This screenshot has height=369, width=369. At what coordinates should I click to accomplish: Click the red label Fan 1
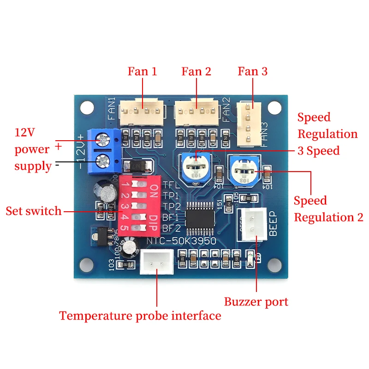142,71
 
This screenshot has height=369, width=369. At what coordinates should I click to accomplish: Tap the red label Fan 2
196,71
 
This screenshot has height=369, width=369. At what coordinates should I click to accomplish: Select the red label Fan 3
252,71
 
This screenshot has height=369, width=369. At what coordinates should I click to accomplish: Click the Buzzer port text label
256,302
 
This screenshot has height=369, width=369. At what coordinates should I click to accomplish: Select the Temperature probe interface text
140,316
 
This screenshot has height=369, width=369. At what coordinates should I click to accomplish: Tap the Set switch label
33,211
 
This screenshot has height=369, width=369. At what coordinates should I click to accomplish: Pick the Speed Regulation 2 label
328,209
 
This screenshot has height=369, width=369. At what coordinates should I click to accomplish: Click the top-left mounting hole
86,107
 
